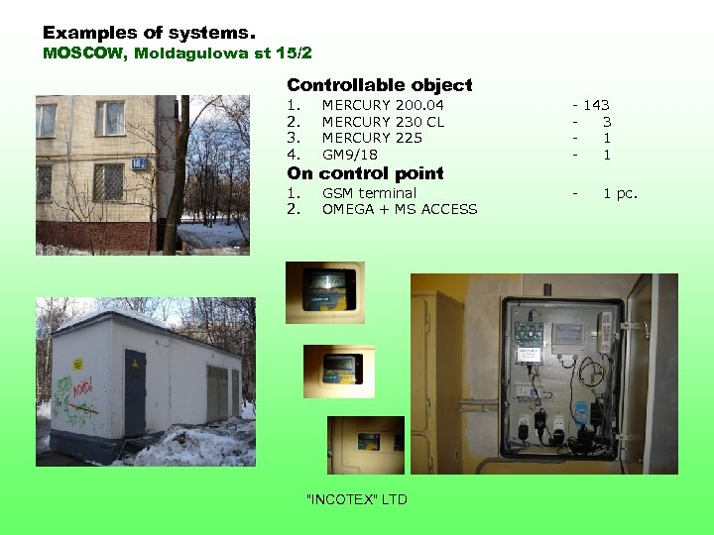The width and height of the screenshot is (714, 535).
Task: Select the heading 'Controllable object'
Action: click(379, 85)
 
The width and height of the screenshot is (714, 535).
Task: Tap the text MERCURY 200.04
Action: click(383, 105)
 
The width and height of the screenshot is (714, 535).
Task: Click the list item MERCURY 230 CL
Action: click(383, 122)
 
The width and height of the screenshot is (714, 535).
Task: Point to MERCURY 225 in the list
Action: click(372, 138)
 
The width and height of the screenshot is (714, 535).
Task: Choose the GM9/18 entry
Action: click(349, 155)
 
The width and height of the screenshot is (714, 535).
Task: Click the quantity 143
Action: click(596, 105)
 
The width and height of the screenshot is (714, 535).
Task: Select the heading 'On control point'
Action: click(365, 173)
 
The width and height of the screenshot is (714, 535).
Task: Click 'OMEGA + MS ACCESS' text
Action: click(400, 209)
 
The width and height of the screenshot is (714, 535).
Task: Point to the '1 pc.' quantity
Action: click(620, 193)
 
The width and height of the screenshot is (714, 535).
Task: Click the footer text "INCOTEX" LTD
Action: click(357, 499)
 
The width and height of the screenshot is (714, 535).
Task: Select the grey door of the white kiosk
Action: click(134, 392)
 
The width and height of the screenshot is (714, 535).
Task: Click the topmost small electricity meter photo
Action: click(324, 291)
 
